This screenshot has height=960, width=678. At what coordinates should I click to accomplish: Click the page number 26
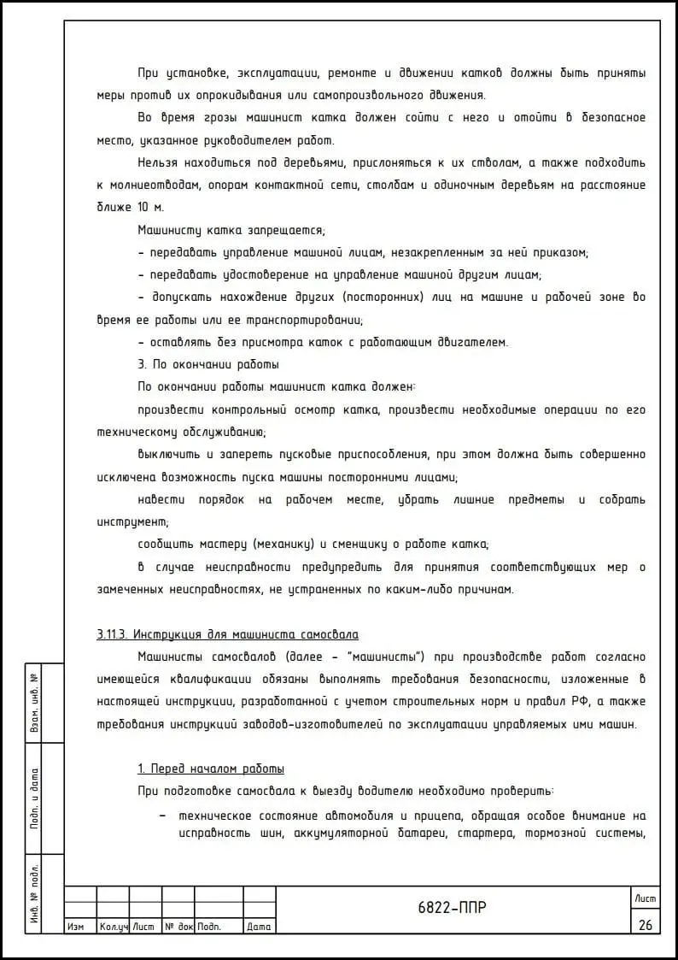[x=644, y=924]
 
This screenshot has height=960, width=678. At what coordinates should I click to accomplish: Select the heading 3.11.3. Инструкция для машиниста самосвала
[x=227, y=634]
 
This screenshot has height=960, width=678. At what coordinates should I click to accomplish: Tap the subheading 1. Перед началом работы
[x=211, y=769]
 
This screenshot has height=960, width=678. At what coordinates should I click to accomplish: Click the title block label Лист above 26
[x=645, y=897]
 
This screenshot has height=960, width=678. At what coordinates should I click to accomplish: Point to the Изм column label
[x=75, y=927]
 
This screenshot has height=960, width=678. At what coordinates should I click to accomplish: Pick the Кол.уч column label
[x=113, y=927]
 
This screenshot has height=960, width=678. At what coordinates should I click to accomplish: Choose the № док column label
[x=178, y=927]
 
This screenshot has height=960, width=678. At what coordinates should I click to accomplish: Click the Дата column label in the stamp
[x=259, y=927]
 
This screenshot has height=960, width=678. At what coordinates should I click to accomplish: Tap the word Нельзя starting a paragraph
[x=160, y=162]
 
